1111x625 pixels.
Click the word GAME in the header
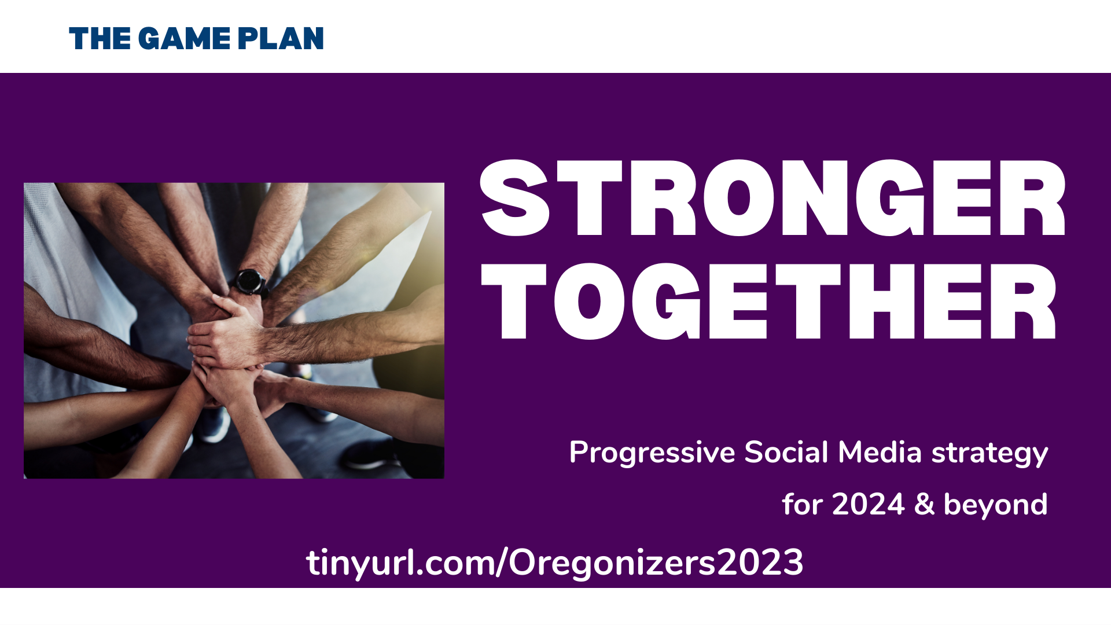click(185, 39)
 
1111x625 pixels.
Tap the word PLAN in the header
click(281, 39)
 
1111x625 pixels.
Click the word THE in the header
click(100, 39)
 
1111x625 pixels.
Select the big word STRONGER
click(773, 198)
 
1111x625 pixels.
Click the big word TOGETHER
click(769, 301)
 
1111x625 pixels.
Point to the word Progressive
click(652, 453)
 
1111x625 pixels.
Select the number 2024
click(868, 504)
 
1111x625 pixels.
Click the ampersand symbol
click(925, 504)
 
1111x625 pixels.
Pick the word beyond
click(996, 505)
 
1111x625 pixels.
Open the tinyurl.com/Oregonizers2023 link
click(555, 562)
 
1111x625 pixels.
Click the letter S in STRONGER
click(514, 198)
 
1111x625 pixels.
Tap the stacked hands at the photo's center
click(229, 341)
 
